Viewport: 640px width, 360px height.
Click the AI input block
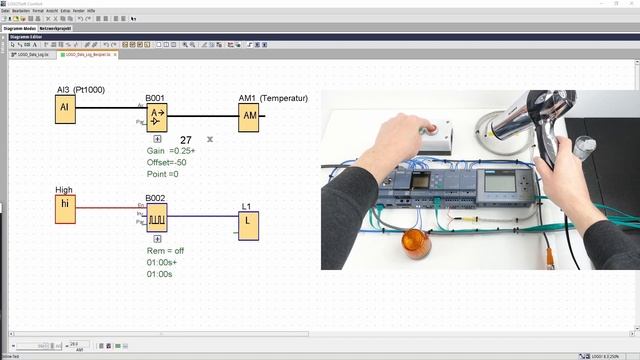coord(65,109)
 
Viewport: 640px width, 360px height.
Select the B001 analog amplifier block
coord(156,118)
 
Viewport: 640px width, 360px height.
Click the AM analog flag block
coord(248,117)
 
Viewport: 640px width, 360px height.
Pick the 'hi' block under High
coord(65,208)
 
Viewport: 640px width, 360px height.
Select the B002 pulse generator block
coord(156,217)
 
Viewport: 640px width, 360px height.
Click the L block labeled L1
coord(248,226)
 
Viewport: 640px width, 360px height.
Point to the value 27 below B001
coord(186,140)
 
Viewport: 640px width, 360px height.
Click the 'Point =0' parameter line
coord(168,174)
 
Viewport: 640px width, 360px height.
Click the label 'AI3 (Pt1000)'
coord(81,89)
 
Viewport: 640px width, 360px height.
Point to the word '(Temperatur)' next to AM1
coord(284,98)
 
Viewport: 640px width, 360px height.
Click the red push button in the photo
coord(431,127)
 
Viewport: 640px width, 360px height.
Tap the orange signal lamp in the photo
coord(415,242)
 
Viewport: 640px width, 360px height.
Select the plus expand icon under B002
coord(155,238)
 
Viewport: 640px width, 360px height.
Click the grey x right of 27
coord(210,139)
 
